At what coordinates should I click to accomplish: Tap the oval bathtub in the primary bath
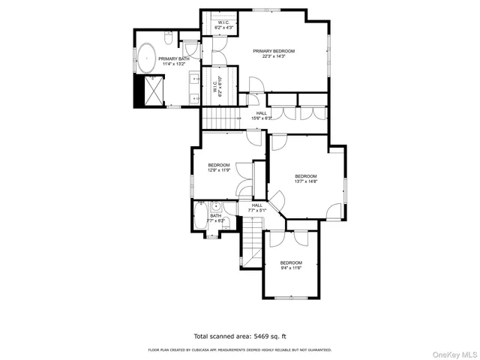[x=146, y=57]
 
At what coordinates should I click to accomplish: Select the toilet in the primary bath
[x=168, y=37]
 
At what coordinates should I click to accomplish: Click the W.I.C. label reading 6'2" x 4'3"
[x=224, y=25]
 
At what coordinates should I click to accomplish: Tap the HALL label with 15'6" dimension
[x=262, y=115]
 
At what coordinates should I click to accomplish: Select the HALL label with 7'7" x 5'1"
[x=257, y=208]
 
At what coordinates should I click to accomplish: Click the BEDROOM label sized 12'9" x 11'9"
[x=219, y=167]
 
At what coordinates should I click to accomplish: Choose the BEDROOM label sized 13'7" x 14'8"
[x=305, y=178]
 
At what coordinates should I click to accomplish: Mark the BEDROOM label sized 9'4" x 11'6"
[x=291, y=265]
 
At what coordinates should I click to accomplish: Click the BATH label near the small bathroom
[x=216, y=218]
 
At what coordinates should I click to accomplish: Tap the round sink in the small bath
[x=214, y=206]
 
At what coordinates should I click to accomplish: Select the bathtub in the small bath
[x=200, y=218]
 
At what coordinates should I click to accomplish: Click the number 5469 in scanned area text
[x=259, y=337]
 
